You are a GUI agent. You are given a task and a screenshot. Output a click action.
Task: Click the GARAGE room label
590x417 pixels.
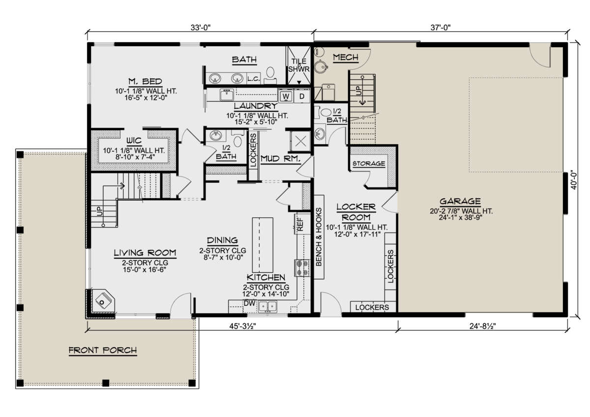[460, 201]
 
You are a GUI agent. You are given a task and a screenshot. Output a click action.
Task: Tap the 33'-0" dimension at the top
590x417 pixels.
[201, 28]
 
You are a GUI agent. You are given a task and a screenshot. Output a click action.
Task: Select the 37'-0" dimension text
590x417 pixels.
[441, 28]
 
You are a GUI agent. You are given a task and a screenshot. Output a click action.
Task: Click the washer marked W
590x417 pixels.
[286, 96]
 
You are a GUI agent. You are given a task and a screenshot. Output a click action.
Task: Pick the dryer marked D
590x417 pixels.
[301, 96]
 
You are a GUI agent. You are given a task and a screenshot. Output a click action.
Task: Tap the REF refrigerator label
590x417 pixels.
[300, 224]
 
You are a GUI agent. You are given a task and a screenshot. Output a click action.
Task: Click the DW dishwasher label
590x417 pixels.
[249, 303]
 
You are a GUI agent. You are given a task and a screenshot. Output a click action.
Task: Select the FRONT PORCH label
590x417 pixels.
[103, 350]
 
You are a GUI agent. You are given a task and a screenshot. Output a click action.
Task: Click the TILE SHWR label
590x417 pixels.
[299, 65]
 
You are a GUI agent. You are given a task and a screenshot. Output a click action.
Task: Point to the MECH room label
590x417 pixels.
[346, 57]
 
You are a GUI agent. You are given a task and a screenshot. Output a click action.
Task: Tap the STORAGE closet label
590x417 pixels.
[369, 164]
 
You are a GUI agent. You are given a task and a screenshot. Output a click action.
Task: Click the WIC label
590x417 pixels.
[134, 141]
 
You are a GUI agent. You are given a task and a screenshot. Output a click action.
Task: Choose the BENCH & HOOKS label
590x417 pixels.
[319, 237]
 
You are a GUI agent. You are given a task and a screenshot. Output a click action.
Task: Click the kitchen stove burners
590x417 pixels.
[302, 268]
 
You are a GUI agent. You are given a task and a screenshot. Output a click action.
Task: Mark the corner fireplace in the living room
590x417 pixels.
[102, 301]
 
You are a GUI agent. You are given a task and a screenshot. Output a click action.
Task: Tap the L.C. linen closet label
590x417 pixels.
[253, 79]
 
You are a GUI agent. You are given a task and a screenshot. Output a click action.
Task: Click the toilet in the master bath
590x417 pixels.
[270, 73]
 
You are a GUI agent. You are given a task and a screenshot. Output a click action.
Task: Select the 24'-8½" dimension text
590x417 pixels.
[482, 326]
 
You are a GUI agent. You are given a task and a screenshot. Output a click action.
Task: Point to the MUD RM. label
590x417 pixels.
[280, 158]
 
